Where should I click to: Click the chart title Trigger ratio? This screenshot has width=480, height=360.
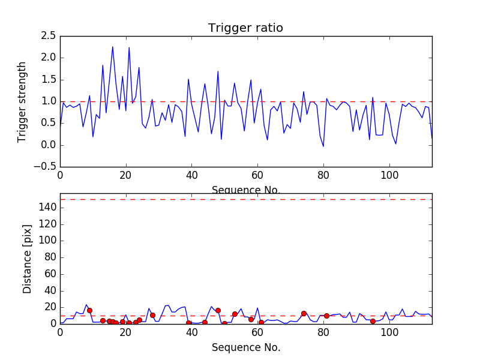pos(245,28)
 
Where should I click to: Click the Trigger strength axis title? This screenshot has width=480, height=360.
pos(22,101)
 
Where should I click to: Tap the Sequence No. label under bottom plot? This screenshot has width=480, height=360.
pos(245,347)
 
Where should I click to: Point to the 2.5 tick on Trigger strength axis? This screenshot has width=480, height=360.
pos(49,36)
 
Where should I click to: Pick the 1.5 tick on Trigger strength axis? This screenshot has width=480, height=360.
pos(49,80)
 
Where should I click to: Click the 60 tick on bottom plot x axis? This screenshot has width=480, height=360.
pos(257,333)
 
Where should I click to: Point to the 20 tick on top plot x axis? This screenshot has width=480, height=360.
pos(126,176)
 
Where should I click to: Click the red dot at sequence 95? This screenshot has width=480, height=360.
pos(373,321)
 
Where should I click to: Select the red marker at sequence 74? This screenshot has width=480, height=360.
pos(304,313)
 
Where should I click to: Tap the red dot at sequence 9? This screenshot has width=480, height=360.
pos(89,310)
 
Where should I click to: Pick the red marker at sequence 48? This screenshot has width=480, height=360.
pos(218,310)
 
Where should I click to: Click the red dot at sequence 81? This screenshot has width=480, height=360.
pos(326,316)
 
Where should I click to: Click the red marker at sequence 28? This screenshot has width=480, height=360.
pos(152,315)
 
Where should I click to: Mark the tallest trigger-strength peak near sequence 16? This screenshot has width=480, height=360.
pos(112,47)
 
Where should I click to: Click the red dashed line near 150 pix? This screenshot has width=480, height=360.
pos(245,199)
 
